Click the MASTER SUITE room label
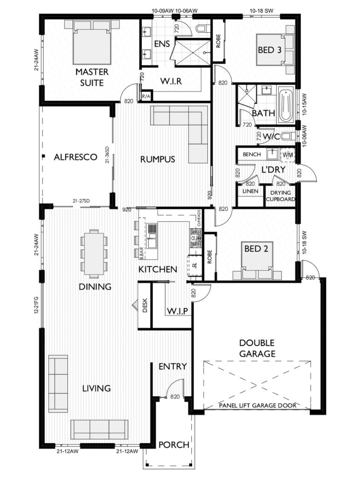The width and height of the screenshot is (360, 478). click(x=92, y=77)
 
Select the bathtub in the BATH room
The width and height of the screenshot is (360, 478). click(x=285, y=106)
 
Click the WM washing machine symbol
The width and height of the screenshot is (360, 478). click(x=288, y=154)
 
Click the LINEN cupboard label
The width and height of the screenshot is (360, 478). click(x=248, y=191)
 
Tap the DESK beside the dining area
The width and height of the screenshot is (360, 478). click(x=145, y=306)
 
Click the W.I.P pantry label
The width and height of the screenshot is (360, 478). click(x=177, y=310)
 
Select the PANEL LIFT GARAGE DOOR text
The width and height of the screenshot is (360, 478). click(x=257, y=406)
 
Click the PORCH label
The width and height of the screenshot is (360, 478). click(x=173, y=445)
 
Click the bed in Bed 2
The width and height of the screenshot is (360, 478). click(x=255, y=264)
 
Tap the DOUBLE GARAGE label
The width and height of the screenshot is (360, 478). click(x=257, y=348)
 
